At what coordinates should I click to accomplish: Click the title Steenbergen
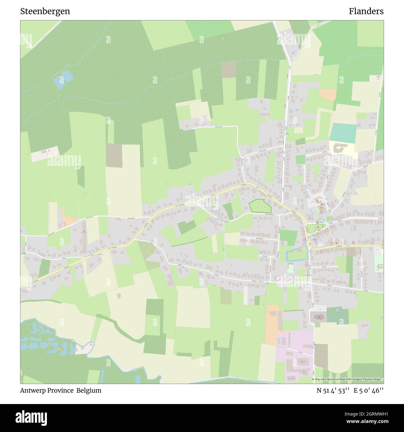pyautogui.click(x=45, y=11)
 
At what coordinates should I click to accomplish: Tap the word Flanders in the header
pyautogui.click(x=366, y=11)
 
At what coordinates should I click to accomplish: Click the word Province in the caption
pyautogui.click(x=60, y=390)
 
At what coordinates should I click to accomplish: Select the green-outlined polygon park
pyautogui.click(x=260, y=206)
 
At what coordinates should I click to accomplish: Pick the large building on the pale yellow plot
pyautogui.click(x=341, y=149)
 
